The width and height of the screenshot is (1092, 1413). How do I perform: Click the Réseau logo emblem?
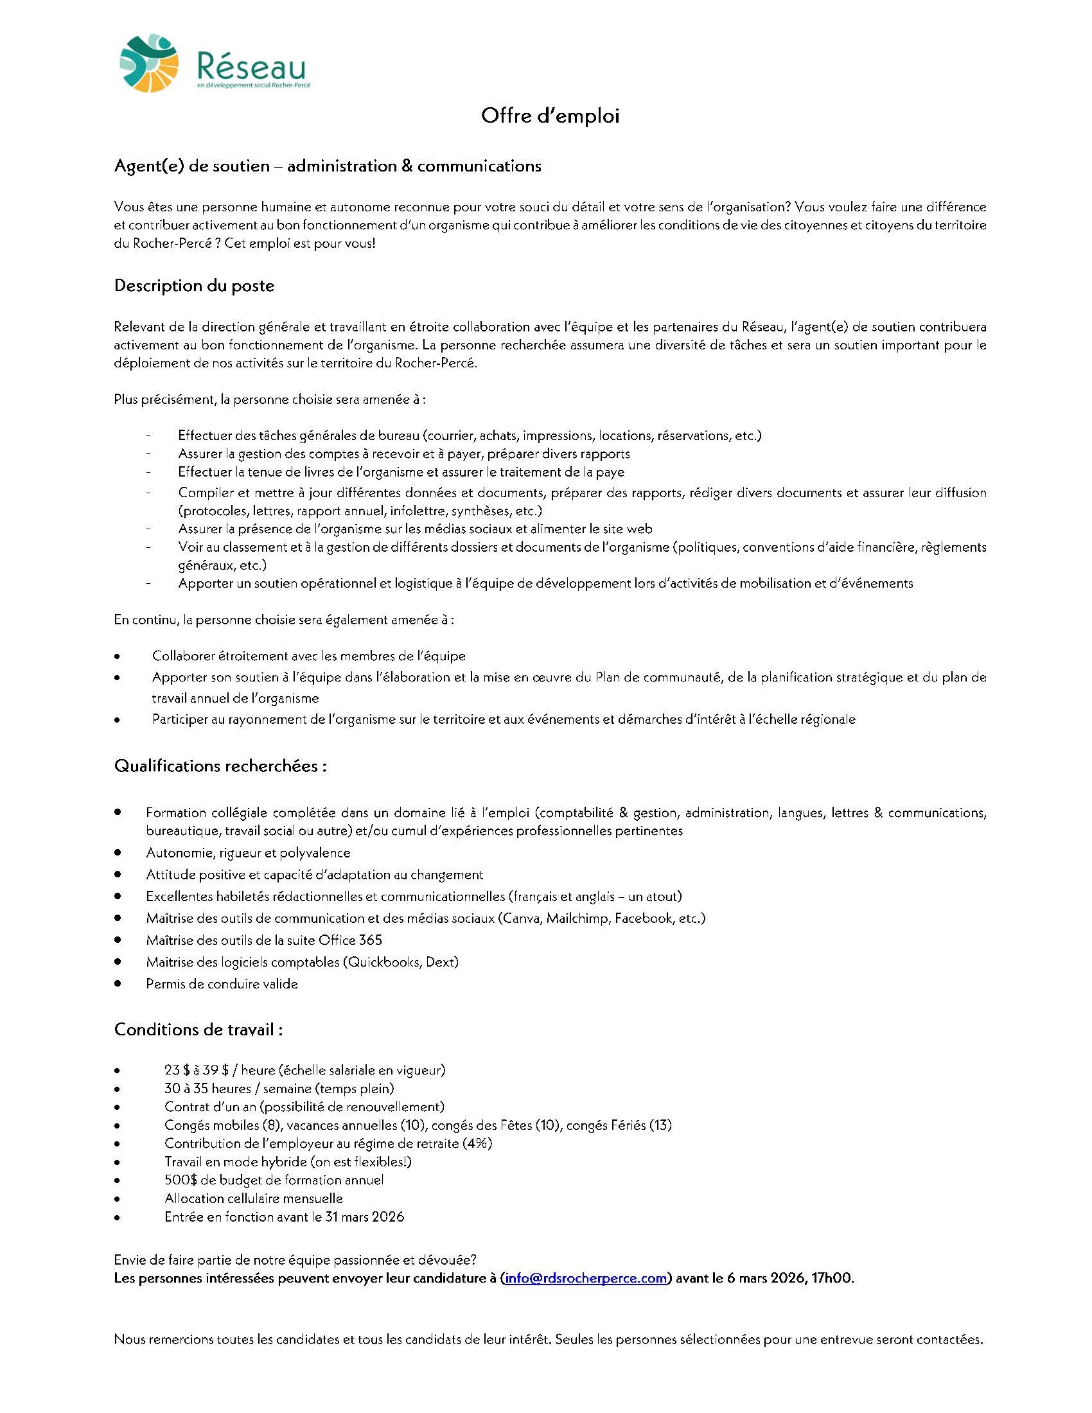coord(149,63)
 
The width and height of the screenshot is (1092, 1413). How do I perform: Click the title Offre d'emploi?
coord(550,116)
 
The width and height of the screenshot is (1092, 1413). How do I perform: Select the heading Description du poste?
coord(194,286)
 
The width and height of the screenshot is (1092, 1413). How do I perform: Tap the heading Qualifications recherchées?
coord(220,766)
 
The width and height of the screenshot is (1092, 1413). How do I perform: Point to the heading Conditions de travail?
coord(198,1029)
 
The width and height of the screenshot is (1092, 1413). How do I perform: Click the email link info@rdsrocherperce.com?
coord(585,1277)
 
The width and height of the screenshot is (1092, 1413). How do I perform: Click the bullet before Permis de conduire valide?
coord(118,983)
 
